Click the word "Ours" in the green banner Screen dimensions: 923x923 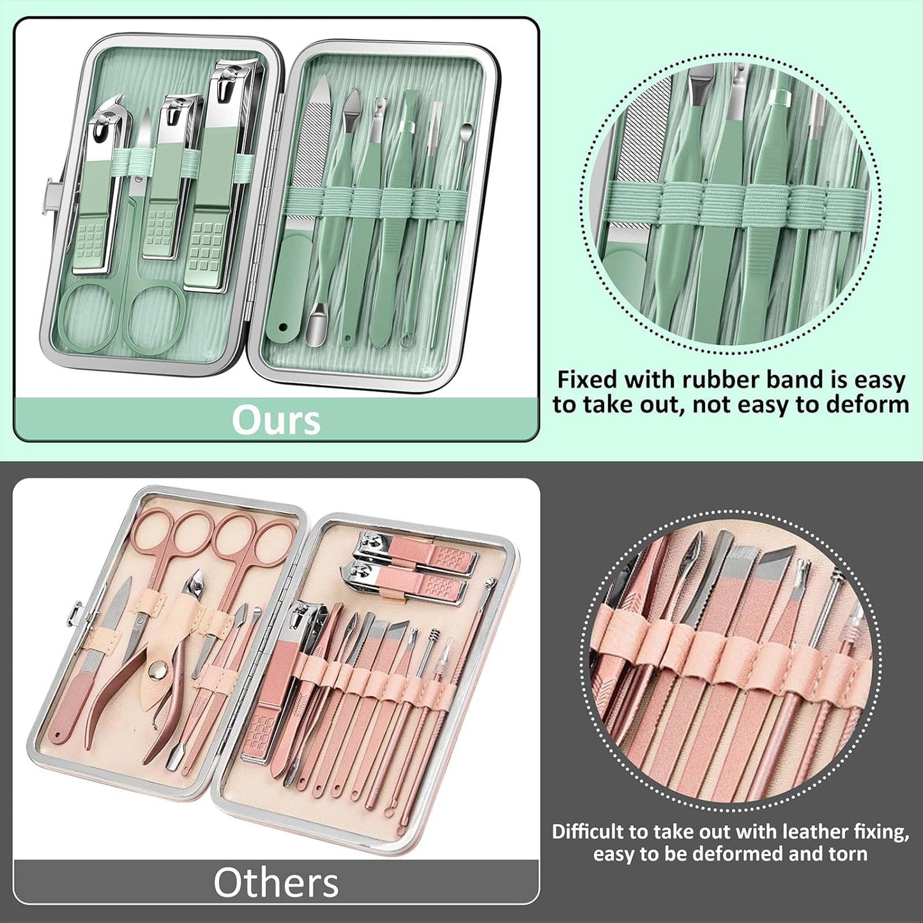[x=276, y=420]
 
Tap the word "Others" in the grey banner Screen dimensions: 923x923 [x=276, y=883]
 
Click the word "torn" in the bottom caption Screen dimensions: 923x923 [x=848, y=854]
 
